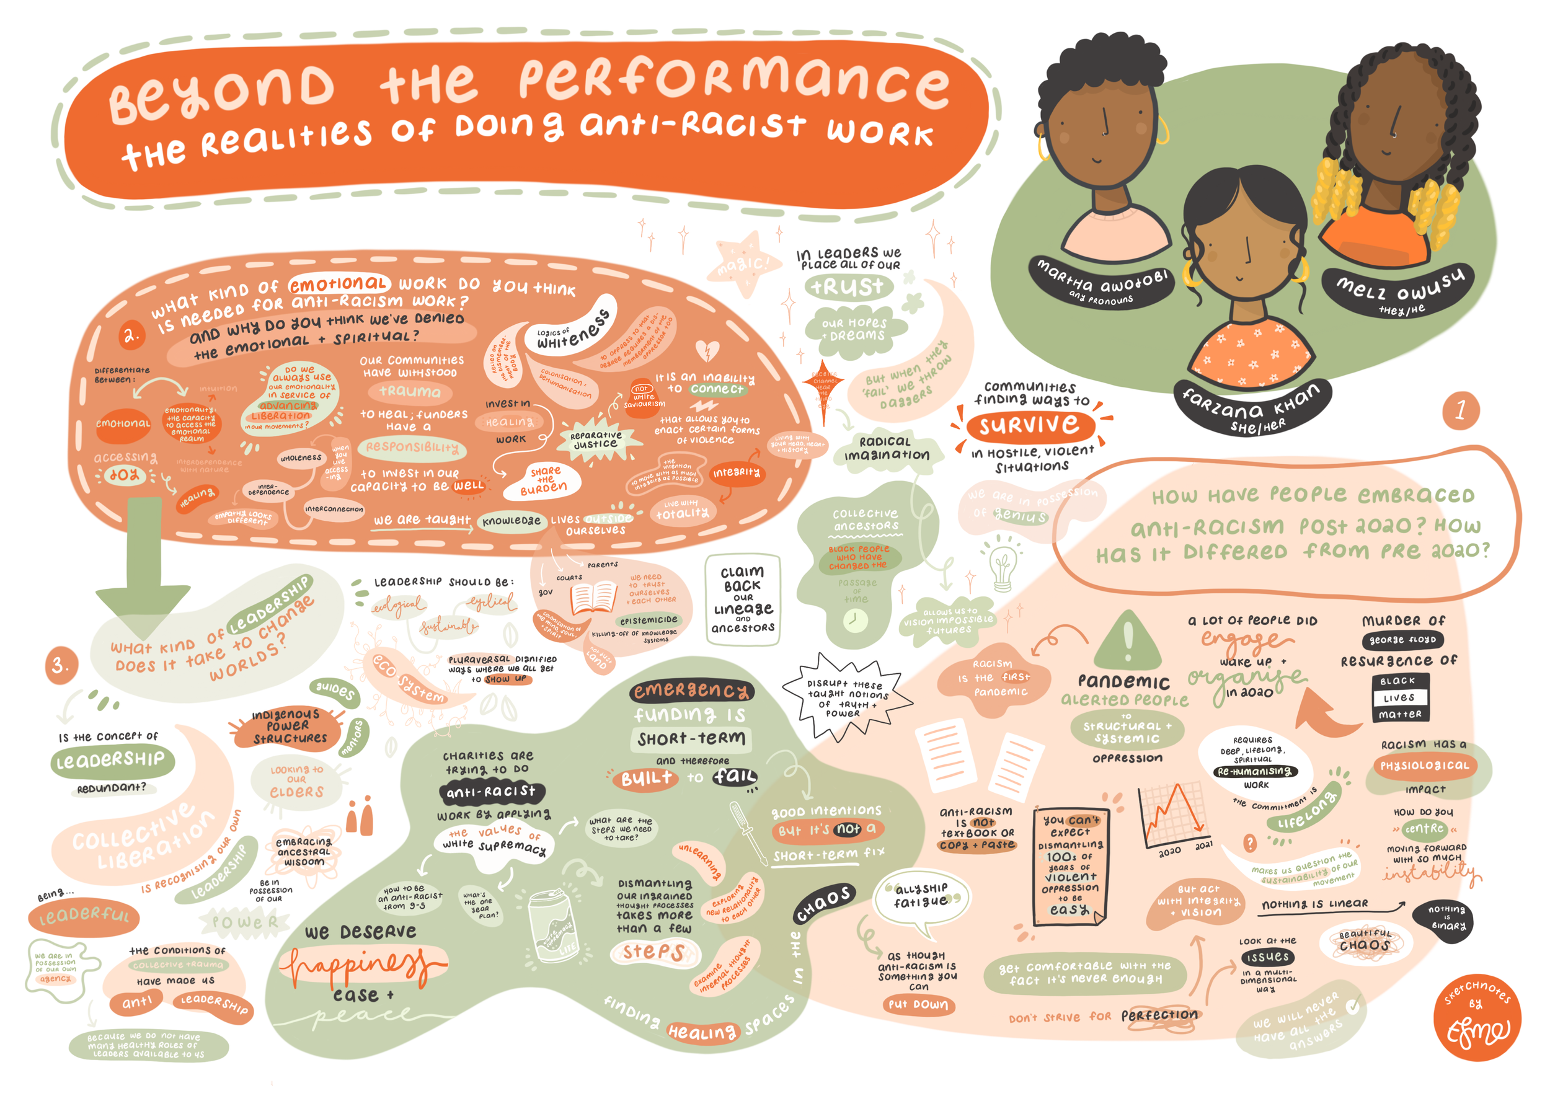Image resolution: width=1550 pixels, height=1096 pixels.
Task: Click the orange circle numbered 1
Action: point(1459,410)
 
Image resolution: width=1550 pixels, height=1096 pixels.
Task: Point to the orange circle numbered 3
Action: point(60,665)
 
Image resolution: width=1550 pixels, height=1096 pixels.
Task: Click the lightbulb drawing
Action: point(1003,565)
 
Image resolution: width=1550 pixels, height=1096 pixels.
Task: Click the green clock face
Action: point(854,619)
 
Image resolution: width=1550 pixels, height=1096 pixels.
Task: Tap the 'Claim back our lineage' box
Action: point(743,599)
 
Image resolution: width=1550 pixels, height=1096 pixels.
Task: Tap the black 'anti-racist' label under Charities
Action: point(492,791)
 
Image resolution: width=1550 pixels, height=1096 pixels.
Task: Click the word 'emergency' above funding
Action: point(691,690)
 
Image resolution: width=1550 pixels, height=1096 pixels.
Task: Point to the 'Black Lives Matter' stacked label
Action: point(1400,697)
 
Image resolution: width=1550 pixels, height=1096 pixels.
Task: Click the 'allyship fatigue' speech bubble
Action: point(921,895)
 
